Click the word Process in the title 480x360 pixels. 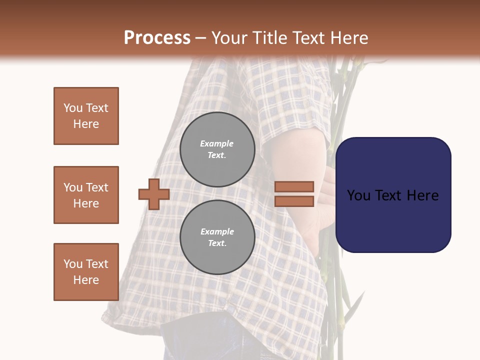[x=157, y=38]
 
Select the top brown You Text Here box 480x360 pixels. [x=86, y=116]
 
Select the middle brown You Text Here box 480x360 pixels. [x=86, y=195]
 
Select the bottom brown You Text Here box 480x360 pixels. [x=86, y=272]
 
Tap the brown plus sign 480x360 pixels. [x=154, y=194]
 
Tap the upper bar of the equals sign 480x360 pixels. [x=294, y=186]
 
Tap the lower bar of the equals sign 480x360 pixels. [x=294, y=201]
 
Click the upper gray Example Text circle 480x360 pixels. [x=217, y=149]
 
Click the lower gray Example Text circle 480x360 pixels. [x=217, y=237]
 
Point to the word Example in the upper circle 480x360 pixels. [x=216, y=143]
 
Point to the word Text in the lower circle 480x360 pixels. [x=216, y=243]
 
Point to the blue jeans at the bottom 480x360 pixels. [x=210, y=340]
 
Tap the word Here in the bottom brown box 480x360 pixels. [x=86, y=280]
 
